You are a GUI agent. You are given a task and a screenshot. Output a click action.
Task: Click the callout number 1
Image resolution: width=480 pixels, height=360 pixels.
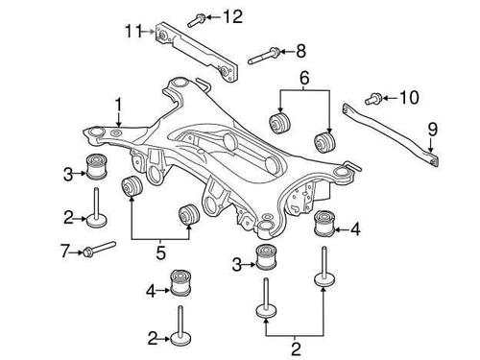[x=118, y=103]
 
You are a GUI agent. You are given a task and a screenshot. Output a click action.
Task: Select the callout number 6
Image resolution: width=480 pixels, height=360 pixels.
[x=305, y=76]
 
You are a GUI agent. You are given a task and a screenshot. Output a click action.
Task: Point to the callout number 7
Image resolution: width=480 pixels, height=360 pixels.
[x=64, y=252]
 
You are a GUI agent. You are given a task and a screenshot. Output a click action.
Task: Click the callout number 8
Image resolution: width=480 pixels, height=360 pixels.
[x=300, y=50]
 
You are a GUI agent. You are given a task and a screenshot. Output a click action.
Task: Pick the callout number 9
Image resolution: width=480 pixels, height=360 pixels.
[x=432, y=128]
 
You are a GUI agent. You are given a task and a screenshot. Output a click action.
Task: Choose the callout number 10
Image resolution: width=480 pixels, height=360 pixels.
[x=409, y=96]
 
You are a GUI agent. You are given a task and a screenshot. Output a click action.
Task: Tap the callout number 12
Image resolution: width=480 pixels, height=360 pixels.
[x=233, y=15]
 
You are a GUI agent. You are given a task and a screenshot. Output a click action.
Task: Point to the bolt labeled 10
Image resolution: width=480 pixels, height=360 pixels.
[x=375, y=97]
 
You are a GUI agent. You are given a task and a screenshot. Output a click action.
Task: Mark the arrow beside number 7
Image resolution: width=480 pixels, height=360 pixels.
[x=77, y=252]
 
